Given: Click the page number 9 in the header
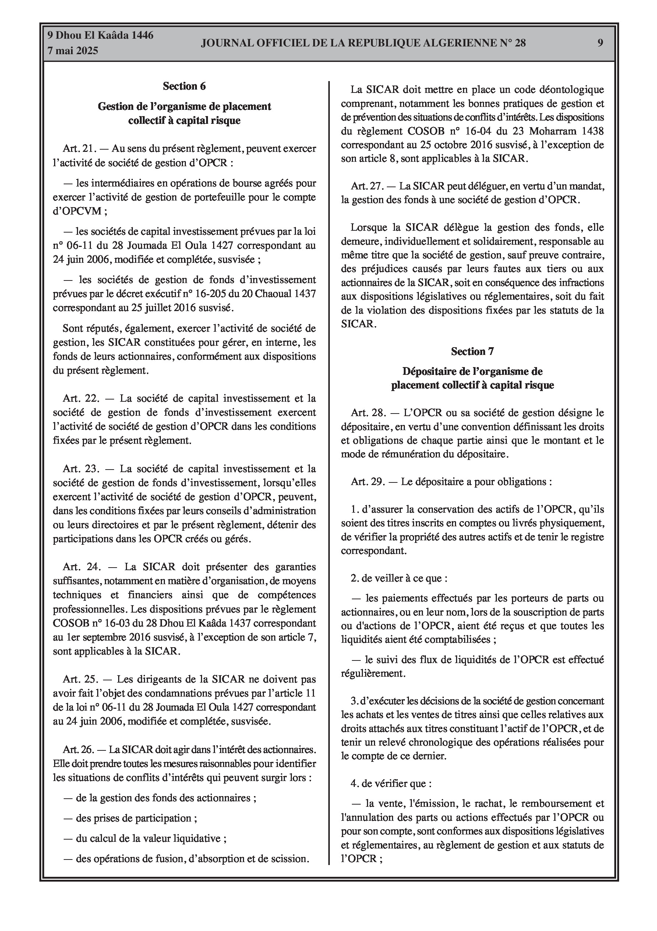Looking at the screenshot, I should point(600,43).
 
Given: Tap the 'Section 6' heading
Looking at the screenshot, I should point(184,86).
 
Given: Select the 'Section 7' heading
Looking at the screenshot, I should point(472,351).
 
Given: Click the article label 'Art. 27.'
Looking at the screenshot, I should point(367,186).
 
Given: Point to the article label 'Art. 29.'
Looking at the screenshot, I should point(367,482).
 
